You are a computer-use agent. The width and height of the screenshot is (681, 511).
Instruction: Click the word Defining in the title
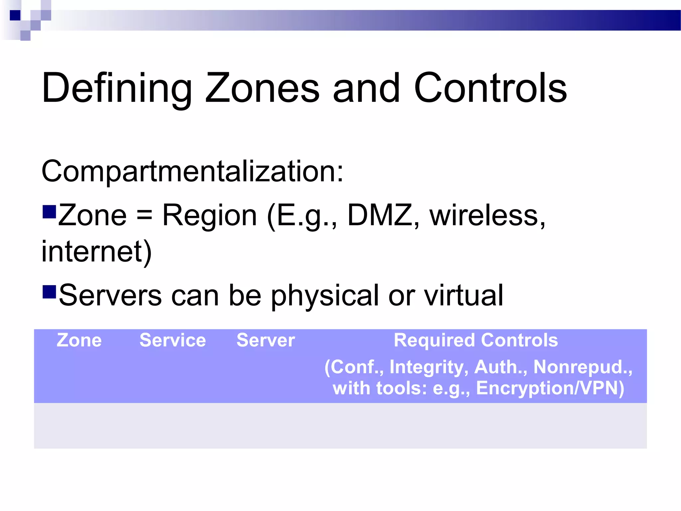[x=117, y=88]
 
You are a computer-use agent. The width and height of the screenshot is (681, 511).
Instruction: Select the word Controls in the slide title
[x=490, y=88]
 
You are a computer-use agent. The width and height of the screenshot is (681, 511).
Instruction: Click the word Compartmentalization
[x=192, y=172]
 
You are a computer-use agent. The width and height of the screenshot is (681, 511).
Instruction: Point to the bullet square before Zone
[x=49, y=212]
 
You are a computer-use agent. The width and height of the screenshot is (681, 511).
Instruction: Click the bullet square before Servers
[x=49, y=292]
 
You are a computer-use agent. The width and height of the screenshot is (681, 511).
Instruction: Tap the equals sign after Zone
[x=144, y=216]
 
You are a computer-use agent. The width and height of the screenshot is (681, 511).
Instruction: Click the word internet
[x=96, y=252]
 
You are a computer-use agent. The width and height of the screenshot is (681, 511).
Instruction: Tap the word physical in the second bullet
[x=325, y=296]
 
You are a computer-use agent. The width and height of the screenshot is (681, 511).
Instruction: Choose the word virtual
[x=464, y=296]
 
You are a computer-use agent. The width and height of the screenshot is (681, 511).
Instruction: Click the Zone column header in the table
[x=79, y=340]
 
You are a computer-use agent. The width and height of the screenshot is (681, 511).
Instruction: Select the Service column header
[x=173, y=340]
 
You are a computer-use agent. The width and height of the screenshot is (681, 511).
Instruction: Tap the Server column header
[x=266, y=340]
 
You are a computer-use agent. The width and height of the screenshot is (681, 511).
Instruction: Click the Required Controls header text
[x=476, y=340]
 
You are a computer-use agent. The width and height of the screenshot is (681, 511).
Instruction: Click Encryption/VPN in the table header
[x=550, y=388]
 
